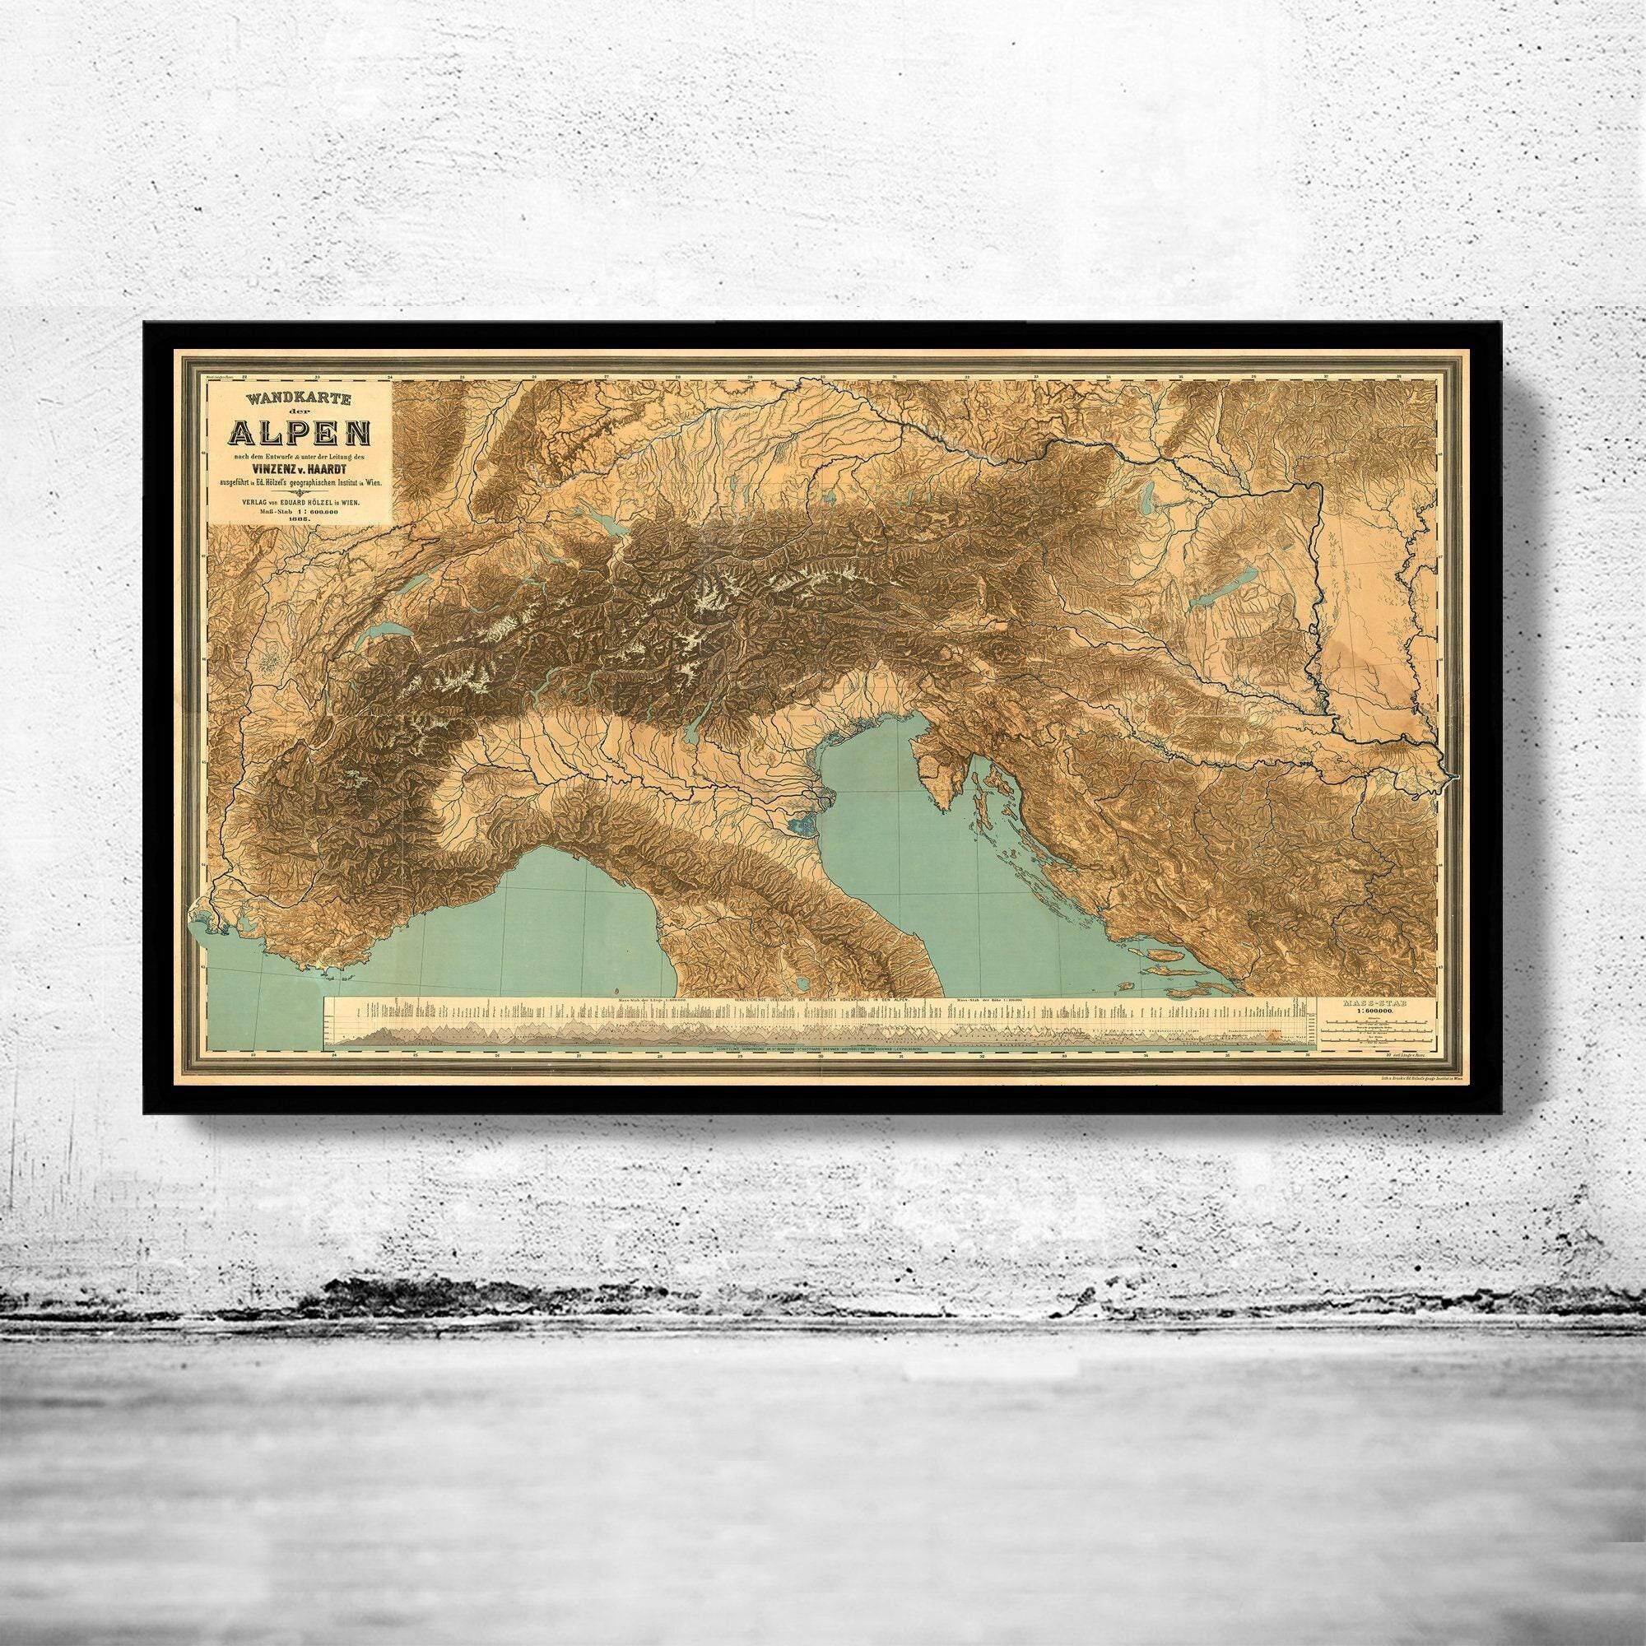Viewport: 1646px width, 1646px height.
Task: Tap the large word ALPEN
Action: [x=297, y=437]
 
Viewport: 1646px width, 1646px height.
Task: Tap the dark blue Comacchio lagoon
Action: [x=803, y=825]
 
